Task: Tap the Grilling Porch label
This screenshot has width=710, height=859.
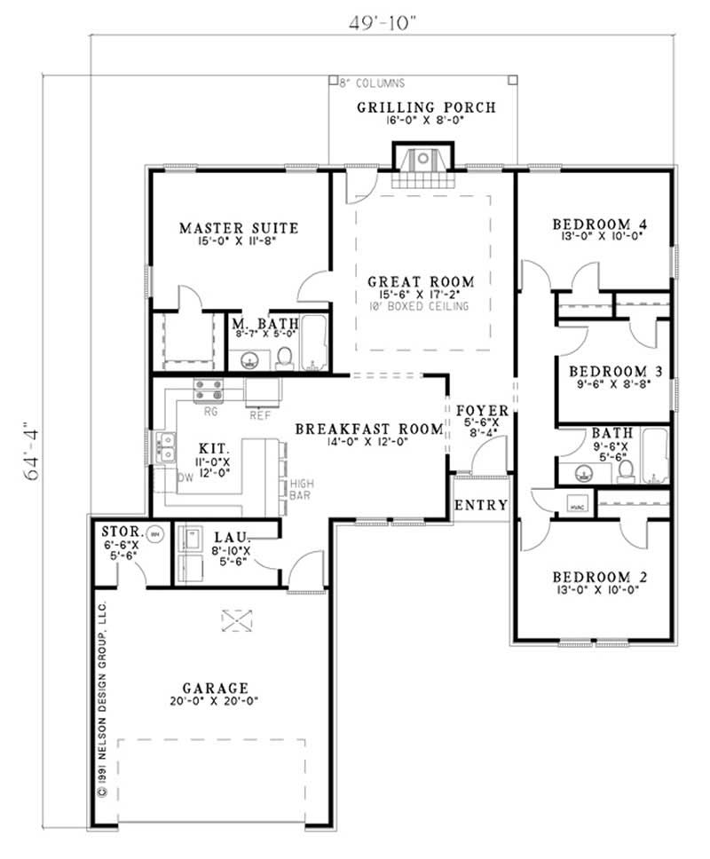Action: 426,108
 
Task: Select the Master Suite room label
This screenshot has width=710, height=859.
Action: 239,228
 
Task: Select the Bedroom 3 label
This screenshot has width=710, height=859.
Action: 613,370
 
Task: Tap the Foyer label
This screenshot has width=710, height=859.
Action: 483,411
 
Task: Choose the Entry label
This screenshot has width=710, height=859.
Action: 481,506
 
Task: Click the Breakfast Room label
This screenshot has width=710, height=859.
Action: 368,429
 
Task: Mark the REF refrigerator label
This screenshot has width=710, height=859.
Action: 260,412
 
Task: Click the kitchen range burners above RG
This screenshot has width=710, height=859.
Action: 209,390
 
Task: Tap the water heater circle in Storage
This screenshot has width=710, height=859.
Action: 155,535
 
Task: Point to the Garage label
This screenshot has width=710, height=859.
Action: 214,688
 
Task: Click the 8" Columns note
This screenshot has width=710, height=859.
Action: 373,83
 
